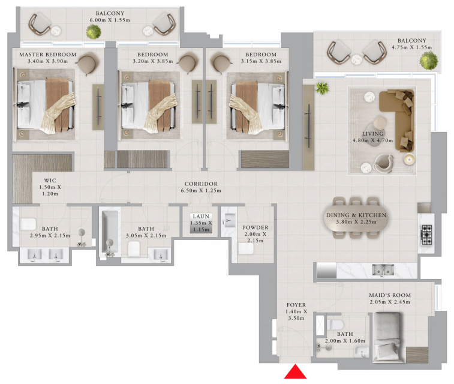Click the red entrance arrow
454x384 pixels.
(295, 372)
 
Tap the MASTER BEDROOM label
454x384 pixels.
(48, 55)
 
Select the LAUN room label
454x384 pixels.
(201, 217)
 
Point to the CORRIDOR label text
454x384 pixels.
(201, 184)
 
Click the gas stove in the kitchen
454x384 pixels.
(426, 234)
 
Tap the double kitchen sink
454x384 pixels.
(383, 269)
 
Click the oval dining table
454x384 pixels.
(356, 218)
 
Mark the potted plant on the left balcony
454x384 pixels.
(94, 32)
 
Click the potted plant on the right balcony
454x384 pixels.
(429, 61)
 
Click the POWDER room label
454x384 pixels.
(255, 227)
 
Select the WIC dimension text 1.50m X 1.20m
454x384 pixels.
(50, 190)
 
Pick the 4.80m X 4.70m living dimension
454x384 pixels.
(372, 140)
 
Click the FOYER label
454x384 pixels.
(296, 305)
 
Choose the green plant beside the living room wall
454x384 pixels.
(322, 88)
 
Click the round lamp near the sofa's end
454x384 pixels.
(410, 159)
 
